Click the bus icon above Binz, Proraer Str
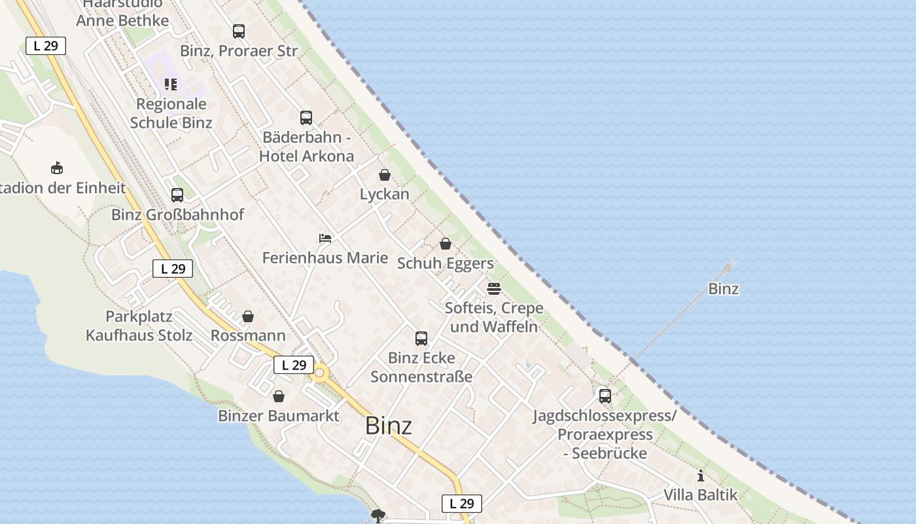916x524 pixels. click(239, 31)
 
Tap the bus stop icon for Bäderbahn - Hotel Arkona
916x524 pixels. click(306, 118)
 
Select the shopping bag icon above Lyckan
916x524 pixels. click(385, 175)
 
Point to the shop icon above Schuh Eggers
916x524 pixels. click(446, 244)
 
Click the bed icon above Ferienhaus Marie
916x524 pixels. click(325, 238)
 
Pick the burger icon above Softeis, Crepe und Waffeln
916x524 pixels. click(494, 288)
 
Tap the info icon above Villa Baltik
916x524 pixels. click(701, 476)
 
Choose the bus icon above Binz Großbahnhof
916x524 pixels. click(177, 195)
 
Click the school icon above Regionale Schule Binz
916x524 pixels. click(171, 84)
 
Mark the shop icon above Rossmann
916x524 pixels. click(248, 316)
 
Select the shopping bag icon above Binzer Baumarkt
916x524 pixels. click(279, 396)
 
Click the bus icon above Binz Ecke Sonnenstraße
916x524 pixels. click(421, 339)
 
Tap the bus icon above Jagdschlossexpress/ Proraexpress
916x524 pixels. click(605, 396)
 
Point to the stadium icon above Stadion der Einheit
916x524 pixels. click(57, 168)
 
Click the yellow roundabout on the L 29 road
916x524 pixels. click(320, 374)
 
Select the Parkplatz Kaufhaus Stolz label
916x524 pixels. click(139, 326)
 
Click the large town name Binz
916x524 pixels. click(389, 426)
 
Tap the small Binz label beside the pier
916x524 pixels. click(724, 289)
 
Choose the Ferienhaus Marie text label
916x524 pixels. click(325, 258)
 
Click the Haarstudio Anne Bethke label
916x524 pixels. click(122, 13)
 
